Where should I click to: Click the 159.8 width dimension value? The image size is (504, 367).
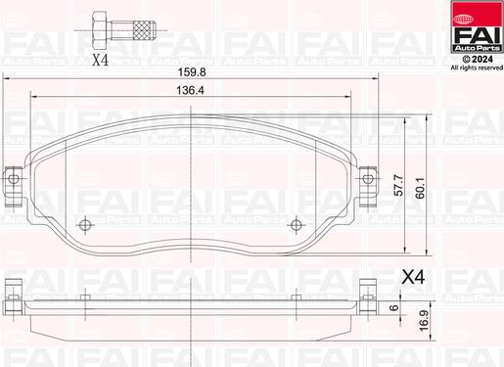[192, 72]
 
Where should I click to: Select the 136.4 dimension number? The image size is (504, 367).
[190, 90]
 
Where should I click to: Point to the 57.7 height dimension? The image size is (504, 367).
[398, 185]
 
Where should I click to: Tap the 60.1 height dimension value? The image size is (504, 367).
[420, 188]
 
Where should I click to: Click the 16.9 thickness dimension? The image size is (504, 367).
[424, 321]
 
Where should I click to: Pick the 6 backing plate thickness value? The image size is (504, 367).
[394, 307]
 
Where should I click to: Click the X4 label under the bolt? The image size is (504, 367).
[100, 60]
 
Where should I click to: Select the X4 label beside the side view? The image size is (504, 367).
[413, 277]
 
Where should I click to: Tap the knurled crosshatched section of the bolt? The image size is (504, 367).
[145, 30]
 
